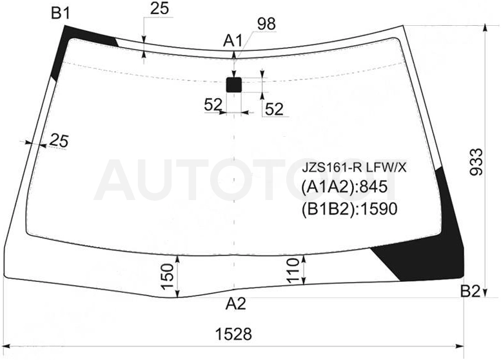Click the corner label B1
60,14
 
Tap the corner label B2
470,291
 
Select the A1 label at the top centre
233,41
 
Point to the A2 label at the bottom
236,304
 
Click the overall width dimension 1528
233,334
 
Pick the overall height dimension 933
476,161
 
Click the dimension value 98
266,24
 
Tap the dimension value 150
168,277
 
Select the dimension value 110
293,271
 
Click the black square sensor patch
234,85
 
